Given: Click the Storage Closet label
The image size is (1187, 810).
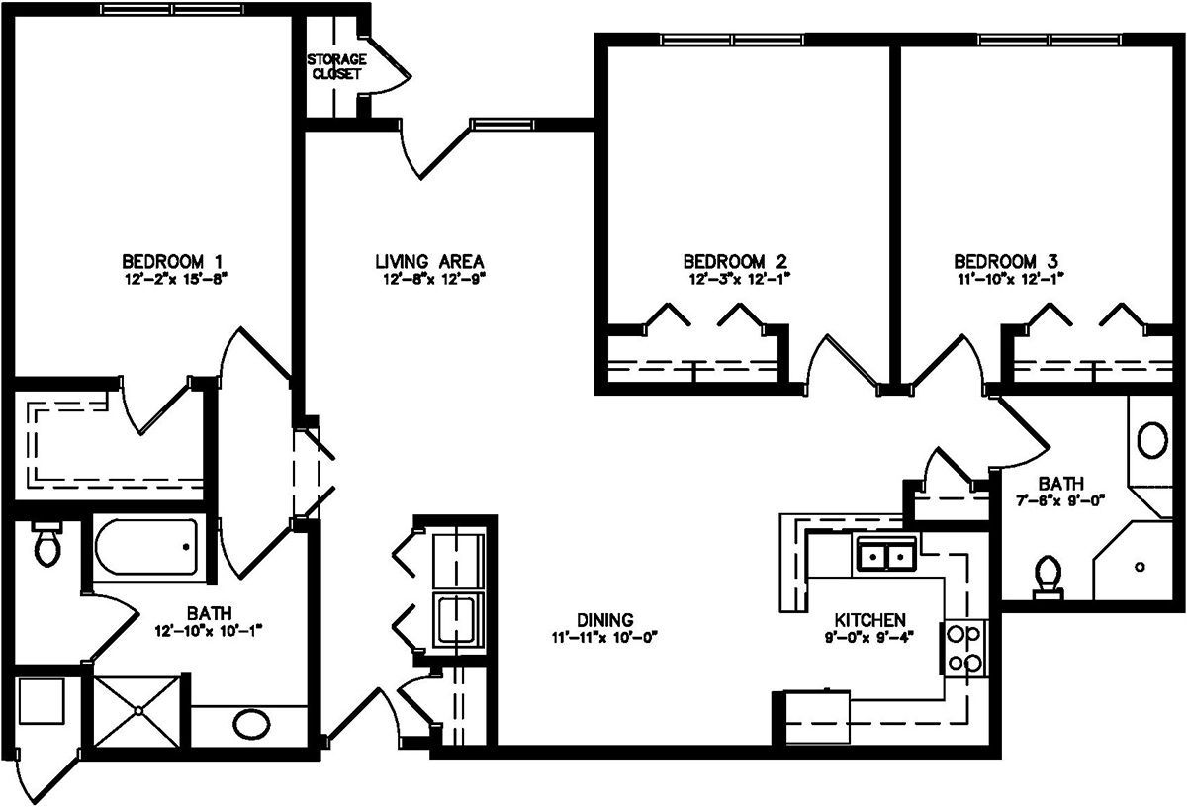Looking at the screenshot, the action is pos(336,66).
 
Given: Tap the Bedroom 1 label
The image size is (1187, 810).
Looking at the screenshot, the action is pos(172,262).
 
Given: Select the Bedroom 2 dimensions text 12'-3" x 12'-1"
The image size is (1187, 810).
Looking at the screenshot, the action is pos(740,279).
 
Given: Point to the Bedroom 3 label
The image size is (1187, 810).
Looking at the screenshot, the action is pos(1006,262).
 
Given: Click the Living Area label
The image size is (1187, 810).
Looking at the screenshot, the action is pos(429,262).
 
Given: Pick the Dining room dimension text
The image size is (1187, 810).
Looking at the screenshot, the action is pos(604,637).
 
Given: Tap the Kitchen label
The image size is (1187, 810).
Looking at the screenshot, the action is pos(869,620).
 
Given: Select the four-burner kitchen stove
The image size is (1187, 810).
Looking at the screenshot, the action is pos(963,648).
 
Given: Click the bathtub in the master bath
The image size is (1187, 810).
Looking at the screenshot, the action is pos(146,547).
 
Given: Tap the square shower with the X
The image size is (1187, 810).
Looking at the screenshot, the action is pos(137,711).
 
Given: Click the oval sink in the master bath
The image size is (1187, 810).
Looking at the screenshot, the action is pos(251,725).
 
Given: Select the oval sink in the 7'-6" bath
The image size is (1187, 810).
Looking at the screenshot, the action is pos(1152,440).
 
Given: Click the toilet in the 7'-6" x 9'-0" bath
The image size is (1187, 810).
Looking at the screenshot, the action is pos(1049,577).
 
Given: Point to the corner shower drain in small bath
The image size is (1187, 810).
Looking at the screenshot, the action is pos(1140,567).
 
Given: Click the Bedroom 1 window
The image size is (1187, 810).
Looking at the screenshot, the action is pos(172,9).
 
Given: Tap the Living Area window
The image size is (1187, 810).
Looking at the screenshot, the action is pos(502,125).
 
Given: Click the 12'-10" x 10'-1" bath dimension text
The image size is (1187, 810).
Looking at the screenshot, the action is pos(209,631).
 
